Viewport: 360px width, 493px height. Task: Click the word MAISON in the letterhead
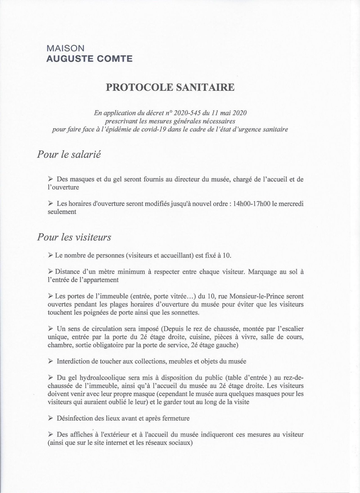point(66,48)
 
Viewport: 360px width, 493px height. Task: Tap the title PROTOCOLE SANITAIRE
point(170,87)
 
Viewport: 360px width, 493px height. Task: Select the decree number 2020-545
point(186,113)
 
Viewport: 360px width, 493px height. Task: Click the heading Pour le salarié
point(69,155)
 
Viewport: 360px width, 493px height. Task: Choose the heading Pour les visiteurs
point(74,238)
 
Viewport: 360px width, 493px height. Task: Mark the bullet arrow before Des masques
point(51,179)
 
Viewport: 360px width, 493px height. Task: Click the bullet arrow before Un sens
point(51,329)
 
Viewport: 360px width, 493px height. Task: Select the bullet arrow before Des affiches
point(51,434)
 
